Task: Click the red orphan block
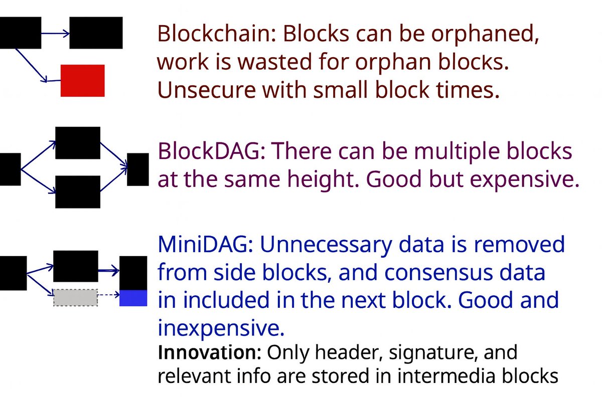click(82, 80)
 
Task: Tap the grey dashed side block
click(75, 297)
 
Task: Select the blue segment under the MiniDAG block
click(133, 298)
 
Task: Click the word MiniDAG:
click(205, 245)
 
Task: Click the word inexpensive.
click(221, 328)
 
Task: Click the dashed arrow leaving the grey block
click(108, 296)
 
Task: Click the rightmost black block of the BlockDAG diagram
click(138, 169)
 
